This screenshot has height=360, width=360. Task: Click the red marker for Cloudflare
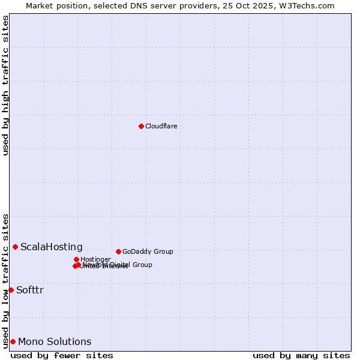pyautogui.click(x=141, y=126)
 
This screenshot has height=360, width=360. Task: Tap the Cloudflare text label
pyautogui.click(x=161, y=126)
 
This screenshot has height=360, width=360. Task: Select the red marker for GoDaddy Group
pyautogui.click(x=118, y=251)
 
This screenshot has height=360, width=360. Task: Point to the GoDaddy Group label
pyautogui.click(x=148, y=251)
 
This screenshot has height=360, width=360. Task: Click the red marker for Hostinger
pyautogui.click(x=76, y=259)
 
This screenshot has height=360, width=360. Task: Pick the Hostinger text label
pyautogui.click(x=95, y=259)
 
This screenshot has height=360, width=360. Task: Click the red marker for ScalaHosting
pyautogui.click(x=15, y=247)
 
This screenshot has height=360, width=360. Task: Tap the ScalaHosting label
pyautogui.click(x=52, y=247)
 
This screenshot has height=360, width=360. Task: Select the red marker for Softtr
pyautogui.click(x=11, y=290)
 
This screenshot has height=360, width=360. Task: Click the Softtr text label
pyautogui.click(x=30, y=290)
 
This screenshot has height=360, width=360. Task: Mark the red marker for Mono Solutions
pyautogui.click(x=13, y=341)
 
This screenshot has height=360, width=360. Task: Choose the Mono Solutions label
pyautogui.click(x=55, y=341)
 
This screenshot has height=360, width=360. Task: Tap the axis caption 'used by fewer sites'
pyautogui.click(x=62, y=355)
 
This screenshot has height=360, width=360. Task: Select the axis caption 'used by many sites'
pyautogui.click(x=301, y=355)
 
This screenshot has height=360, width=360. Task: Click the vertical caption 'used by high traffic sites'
pyautogui.click(x=5, y=85)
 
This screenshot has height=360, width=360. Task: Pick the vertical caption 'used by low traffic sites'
pyautogui.click(x=5, y=280)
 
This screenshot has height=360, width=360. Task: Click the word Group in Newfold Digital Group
pyautogui.click(x=142, y=265)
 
